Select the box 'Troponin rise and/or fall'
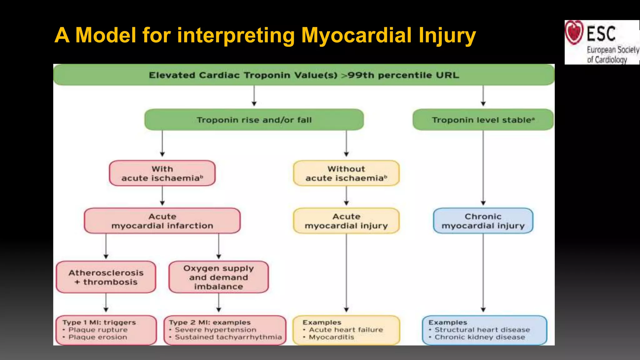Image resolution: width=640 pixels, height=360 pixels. pyautogui.click(x=254, y=120)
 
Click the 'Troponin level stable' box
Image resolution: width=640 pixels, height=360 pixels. pyautogui.click(x=483, y=120)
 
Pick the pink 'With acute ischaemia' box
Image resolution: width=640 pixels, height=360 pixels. pyautogui.click(x=162, y=173)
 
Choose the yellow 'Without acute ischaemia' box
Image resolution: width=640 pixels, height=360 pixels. pyautogui.click(x=346, y=173)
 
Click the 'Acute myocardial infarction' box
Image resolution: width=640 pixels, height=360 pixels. pyautogui.click(x=162, y=221)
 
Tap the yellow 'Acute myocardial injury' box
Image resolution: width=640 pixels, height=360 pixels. pyautogui.click(x=346, y=221)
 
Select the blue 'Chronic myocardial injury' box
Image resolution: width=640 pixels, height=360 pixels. pyautogui.click(x=483, y=221)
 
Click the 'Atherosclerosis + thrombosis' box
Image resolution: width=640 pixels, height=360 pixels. pyautogui.click(x=106, y=277)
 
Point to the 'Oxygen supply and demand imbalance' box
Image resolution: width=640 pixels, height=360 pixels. pyautogui.click(x=218, y=277)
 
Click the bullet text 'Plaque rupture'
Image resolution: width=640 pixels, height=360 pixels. pyautogui.click(x=98, y=330)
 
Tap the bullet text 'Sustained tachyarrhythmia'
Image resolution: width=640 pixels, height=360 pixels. pyautogui.click(x=228, y=337)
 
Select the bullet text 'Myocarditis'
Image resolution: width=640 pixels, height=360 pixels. pyautogui.click(x=331, y=337)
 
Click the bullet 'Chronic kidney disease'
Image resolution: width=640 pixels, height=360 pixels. pyautogui.click(x=480, y=337)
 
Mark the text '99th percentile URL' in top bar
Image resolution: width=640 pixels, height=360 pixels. pyautogui.click(x=403, y=75)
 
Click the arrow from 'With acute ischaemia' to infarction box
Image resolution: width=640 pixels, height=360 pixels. pyautogui.click(x=162, y=196)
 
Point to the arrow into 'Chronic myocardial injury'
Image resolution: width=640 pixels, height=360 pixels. pyautogui.click(x=483, y=169)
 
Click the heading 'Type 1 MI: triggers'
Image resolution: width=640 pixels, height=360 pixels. pyautogui.click(x=99, y=322)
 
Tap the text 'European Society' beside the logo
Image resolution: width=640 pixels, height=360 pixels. pyautogui.click(x=612, y=50)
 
